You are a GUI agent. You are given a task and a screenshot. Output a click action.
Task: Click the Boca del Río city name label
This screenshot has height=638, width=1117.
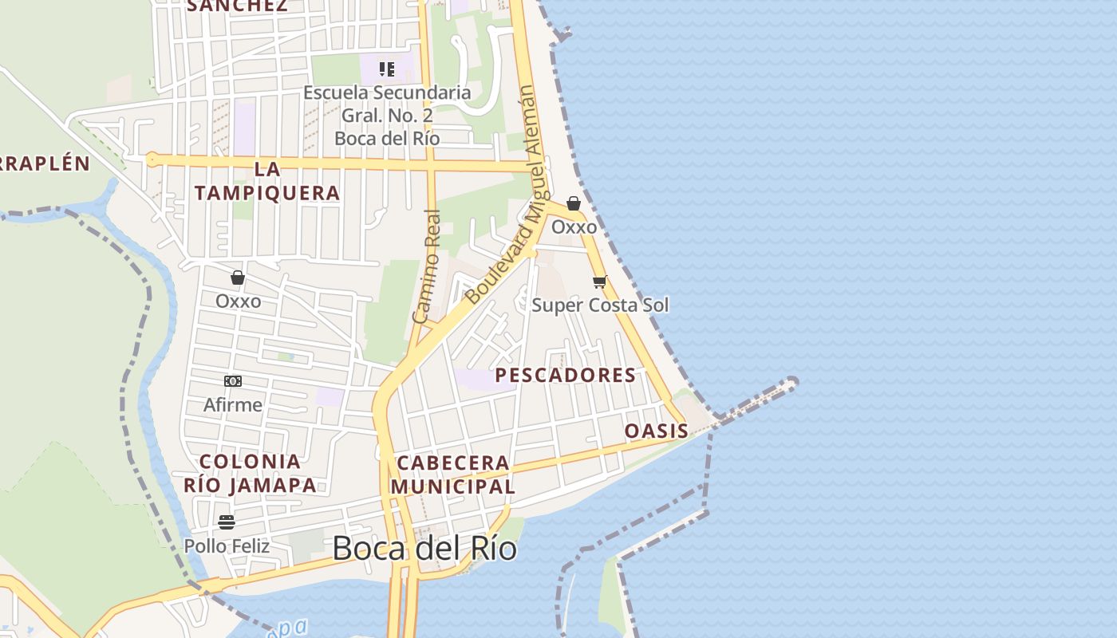coord(424,549)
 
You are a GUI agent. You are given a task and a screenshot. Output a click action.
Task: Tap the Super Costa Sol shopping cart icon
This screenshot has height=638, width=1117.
coord(600,282)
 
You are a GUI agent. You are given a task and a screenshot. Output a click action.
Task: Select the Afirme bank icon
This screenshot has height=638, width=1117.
coord(233,381)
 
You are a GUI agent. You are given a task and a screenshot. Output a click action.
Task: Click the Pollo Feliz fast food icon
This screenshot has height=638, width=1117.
coord(227,522)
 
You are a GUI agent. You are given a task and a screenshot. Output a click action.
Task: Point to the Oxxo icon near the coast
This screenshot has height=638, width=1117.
coord(574,203)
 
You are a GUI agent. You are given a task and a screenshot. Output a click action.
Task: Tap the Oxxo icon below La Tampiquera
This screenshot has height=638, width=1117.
coord(238,278)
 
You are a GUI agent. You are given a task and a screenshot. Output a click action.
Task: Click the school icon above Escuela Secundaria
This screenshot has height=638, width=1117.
coord(387,69)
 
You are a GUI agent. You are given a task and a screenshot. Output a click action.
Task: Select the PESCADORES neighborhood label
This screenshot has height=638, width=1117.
coord(566,375)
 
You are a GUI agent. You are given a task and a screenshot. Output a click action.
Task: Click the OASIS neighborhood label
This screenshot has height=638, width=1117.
coord(656,431)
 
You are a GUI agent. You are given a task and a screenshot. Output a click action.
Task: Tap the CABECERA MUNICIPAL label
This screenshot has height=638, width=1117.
coord(452,475)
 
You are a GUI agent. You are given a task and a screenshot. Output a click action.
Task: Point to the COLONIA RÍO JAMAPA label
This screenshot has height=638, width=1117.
coord(250,473)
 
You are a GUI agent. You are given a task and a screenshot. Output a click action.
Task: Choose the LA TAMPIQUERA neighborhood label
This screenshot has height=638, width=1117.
coord(267,181)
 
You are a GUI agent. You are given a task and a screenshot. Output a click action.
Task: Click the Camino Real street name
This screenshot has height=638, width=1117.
coord(427,266)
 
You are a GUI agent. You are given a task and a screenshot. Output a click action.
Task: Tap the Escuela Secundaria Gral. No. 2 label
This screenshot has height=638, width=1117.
coord(387,116)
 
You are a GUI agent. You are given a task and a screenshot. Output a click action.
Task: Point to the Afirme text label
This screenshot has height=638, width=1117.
coord(232,404)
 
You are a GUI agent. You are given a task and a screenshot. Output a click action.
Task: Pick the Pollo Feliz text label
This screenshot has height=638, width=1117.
coord(227,546)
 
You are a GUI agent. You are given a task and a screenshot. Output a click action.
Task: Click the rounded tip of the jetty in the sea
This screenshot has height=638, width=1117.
coord(792,383)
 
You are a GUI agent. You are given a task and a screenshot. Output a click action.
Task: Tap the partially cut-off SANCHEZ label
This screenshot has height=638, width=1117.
coord(236,6)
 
